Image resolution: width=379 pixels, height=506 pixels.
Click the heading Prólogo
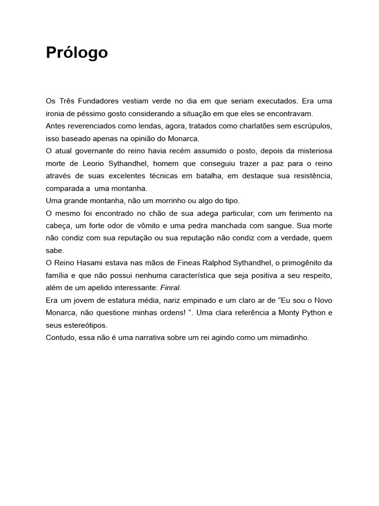click(x=76, y=52)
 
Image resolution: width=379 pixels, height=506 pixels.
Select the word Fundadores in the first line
click(x=99, y=101)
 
